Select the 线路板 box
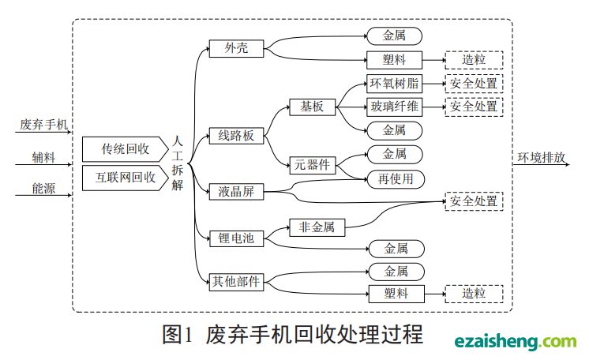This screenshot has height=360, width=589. click(236, 136)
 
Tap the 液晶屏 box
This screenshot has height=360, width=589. click(236, 192)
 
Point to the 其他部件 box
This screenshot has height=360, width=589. click(237, 281)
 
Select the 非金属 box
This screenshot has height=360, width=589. click(317, 228)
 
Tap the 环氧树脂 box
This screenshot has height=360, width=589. click(396, 84)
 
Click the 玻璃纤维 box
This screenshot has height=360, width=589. click(396, 107)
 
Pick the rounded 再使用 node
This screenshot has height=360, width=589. click(396, 178)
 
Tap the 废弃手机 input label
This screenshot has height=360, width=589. click(44, 124)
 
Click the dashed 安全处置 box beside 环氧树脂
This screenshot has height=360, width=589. click(474, 84)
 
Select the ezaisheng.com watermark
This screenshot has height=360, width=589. click(516, 341)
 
